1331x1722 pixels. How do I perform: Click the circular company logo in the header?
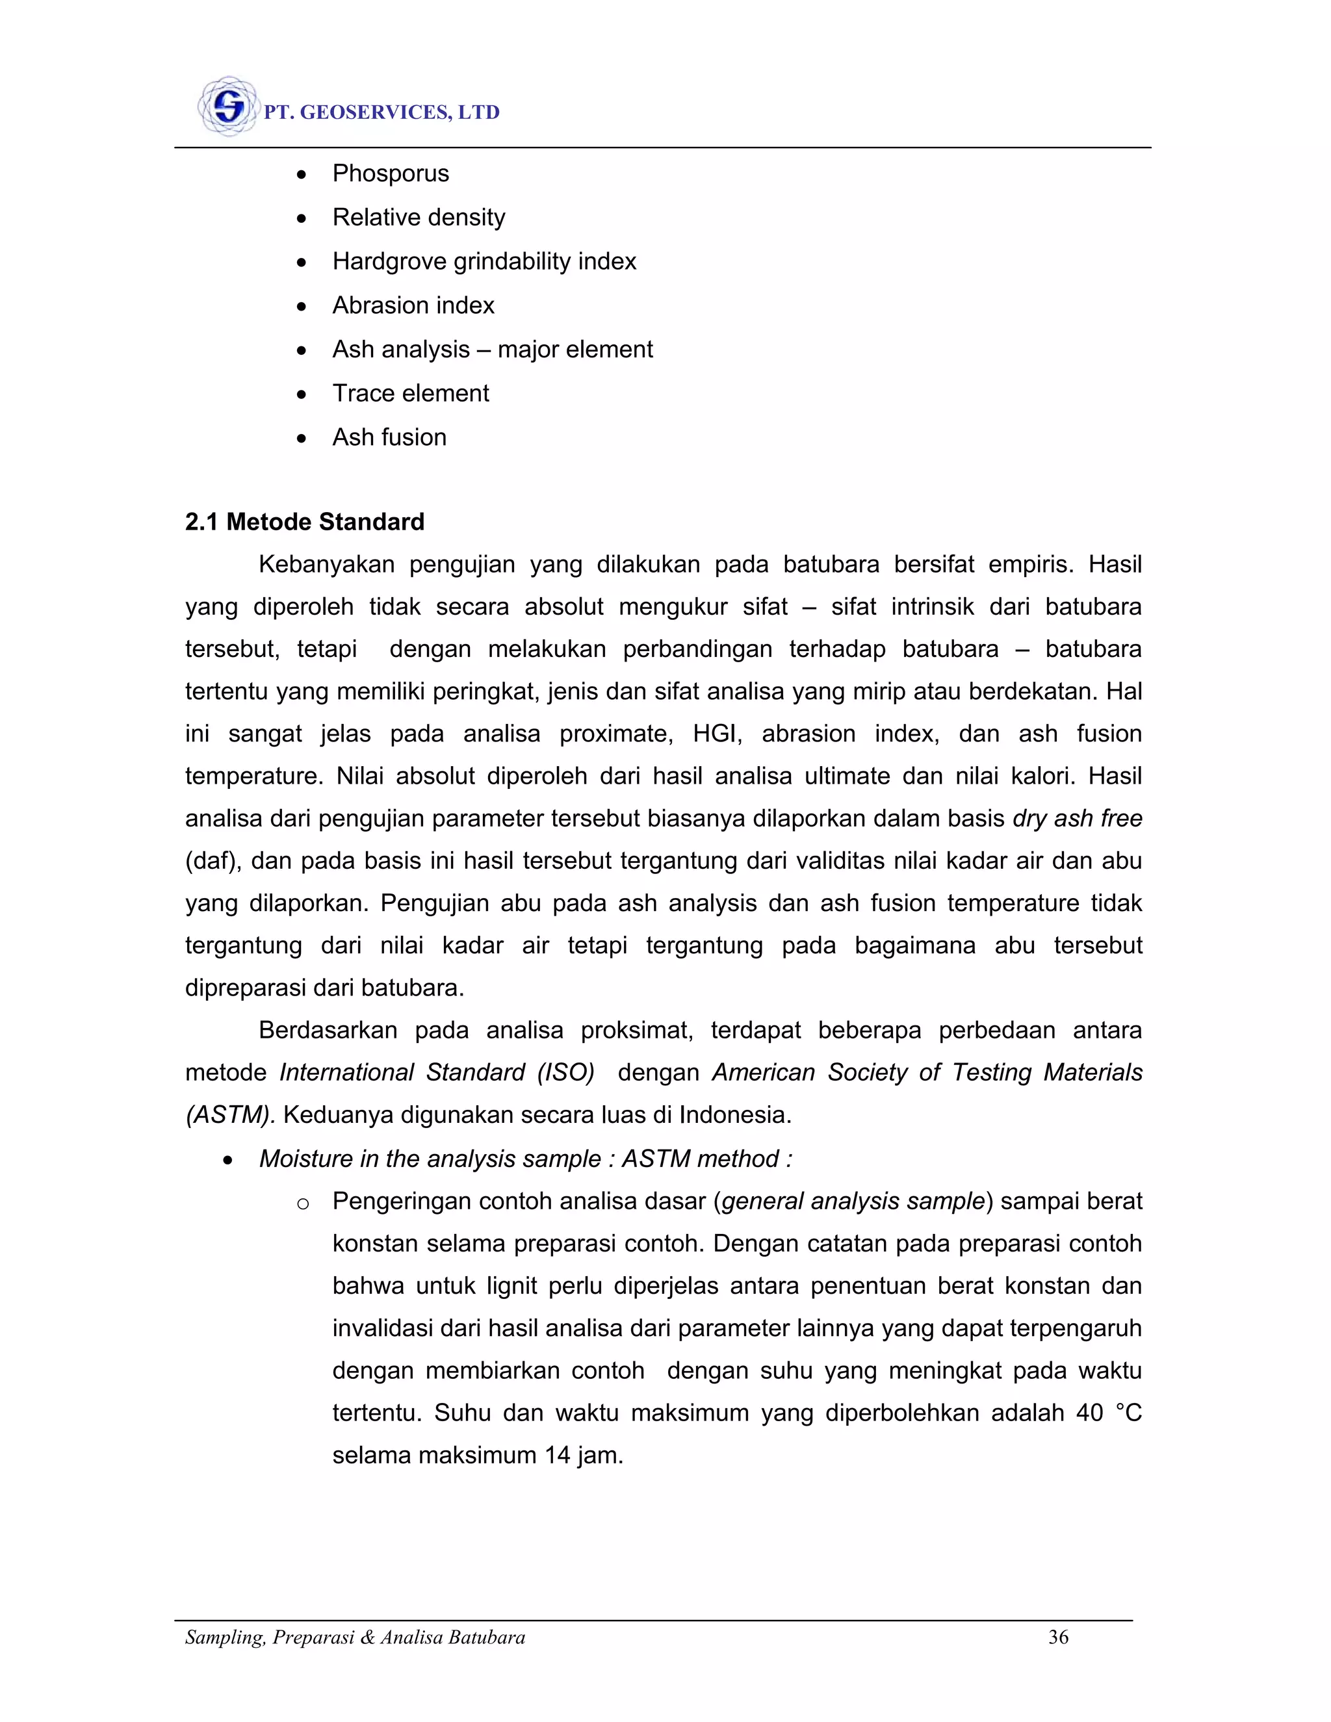[x=228, y=107]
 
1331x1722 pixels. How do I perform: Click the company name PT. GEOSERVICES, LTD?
[x=381, y=113]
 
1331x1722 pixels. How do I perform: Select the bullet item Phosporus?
[x=391, y=173]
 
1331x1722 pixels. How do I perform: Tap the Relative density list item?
[x=419, y=218]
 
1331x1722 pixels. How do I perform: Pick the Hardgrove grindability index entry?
[x=484, y=262]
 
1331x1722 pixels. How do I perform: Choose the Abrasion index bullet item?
[x=413, y=306]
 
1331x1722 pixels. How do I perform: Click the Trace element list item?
[x=411, y=393]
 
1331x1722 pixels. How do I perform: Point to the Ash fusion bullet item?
[x=389, y=437]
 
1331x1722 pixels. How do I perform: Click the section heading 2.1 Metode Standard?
[x=304, y=522]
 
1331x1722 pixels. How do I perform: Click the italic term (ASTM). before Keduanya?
[x=230, y=1115]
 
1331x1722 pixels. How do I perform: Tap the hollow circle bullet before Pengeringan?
[x=302, y=1204]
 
